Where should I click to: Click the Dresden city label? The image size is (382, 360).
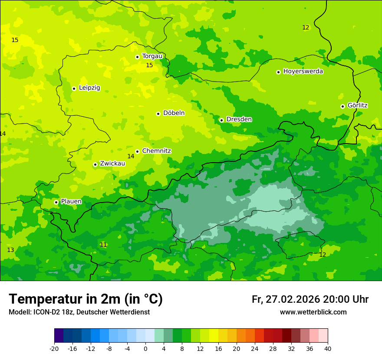pos(239,119)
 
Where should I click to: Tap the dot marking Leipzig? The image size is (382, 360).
pos(74,88)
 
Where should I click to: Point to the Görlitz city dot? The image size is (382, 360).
pos(342,106)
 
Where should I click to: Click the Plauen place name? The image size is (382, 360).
pos(71,201)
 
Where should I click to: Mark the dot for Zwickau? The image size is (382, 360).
pos(95,164)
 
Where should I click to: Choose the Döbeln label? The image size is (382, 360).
pos(174,113)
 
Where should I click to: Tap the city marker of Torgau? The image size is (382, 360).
pos(137,57)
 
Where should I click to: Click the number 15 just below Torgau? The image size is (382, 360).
pos(149,65)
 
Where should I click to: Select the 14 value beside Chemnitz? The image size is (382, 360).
pos(131,156)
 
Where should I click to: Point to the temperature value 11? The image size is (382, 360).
pos(103,245)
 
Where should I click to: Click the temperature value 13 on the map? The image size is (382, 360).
pos(10,250)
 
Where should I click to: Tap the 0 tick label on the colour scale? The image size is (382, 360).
pos(145,349)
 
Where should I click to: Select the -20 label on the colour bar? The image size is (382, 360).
pos(54,349)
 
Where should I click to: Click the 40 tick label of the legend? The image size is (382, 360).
pos(328,349)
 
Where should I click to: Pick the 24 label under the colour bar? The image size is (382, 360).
pos(255,349)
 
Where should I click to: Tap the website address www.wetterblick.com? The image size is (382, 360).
pos(313,312)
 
